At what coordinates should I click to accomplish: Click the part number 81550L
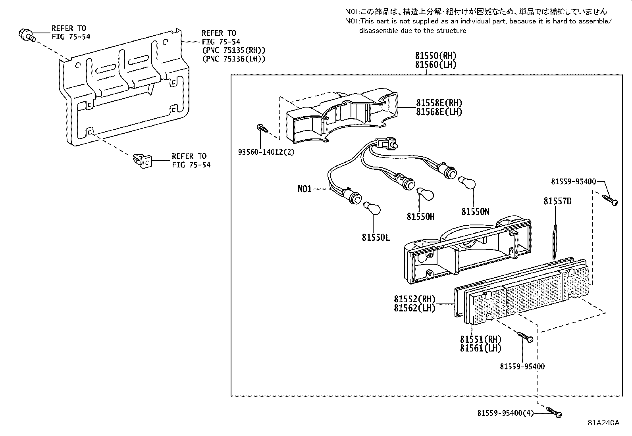point(376,238)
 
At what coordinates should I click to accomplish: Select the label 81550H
point(420,217)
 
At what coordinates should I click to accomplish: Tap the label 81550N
point(475,212)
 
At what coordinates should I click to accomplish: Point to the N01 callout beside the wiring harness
point(304,189)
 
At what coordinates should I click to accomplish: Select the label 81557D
point(557,202)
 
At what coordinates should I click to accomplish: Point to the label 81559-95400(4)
point(505,413)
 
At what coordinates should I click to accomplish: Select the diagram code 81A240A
point(603,423)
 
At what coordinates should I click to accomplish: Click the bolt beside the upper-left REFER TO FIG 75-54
point(26,35)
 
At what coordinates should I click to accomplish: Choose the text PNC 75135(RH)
point(233,50)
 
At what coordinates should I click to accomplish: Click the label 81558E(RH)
point(439,103)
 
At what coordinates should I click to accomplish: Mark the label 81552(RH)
point(414,299)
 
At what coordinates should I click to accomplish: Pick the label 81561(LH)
point(480,348)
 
